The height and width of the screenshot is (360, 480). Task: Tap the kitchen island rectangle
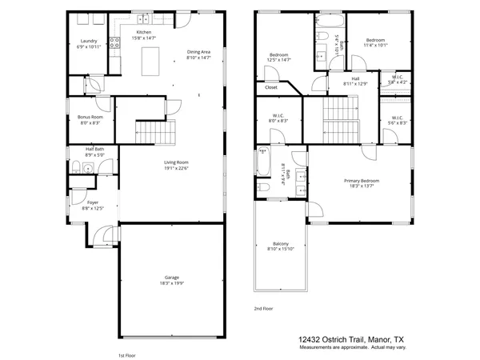click(149, 60)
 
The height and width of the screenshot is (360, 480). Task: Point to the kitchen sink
click(142, 18)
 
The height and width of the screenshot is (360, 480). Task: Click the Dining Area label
click(198, 50)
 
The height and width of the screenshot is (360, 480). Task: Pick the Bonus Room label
click(90, 118)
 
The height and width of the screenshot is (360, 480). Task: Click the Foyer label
click(94, 203)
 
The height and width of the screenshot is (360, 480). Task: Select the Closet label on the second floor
click(271, 87)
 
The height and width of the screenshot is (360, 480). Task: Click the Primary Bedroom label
click(362, 181)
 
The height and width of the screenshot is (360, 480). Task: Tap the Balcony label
click(279, 244)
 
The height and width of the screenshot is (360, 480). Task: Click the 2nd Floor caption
click(263, 308)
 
